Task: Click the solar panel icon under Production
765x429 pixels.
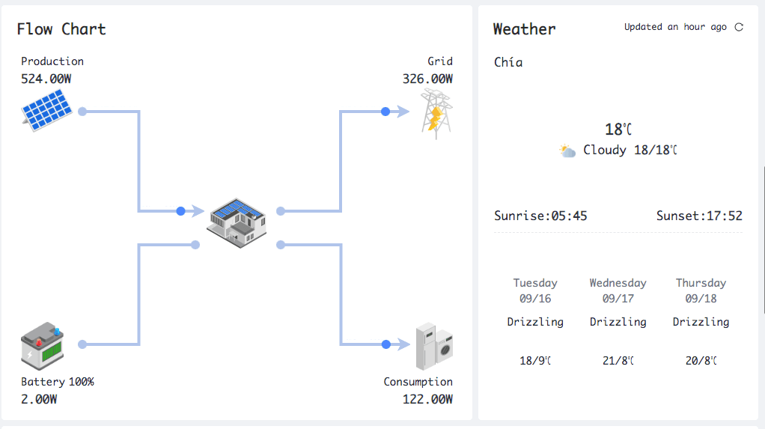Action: coord(46,110)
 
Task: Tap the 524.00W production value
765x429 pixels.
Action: coord(51,79)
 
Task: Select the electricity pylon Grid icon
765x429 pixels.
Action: coord(435,113)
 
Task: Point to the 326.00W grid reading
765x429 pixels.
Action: coord(427,79)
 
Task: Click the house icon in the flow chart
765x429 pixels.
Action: coord(237,222)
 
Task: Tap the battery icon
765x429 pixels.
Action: coord(42,345)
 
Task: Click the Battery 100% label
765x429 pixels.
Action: coord(58,382)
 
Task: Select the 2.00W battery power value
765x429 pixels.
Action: coord(39,399)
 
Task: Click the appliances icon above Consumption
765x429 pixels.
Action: coord(434,345)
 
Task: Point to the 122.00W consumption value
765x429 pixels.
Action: coord(427,399)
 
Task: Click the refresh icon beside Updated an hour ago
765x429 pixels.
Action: coord(739,27)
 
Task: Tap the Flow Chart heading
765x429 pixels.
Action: coord(61,29)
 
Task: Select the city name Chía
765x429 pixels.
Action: coord(508,62)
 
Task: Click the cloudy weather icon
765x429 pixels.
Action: coord(567,151)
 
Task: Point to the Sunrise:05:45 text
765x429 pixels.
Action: coord(540,216)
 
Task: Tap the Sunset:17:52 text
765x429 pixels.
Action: coord(699,216)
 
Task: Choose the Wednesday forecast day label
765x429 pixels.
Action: coord(618,283)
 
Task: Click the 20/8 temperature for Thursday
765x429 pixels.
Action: coord(701,361)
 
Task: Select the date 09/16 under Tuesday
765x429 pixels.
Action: coord(534,298)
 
